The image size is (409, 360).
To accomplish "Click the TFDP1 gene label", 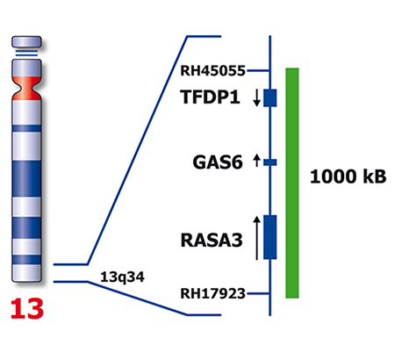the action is tap(210, 97).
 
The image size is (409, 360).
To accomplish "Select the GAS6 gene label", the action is tap(218, 162).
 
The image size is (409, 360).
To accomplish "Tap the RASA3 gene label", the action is tap(212, 241).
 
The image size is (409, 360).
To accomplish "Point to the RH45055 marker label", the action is tap(212, 71).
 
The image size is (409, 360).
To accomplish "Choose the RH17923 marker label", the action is tap(212, 293).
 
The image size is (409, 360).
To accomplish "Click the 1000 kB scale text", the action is tap(348, 176).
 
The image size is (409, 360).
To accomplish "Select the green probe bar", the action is tap(292, 184).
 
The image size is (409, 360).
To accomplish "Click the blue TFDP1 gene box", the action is tap(270, 97).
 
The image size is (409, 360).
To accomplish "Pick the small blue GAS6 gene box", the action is tap(270, 162).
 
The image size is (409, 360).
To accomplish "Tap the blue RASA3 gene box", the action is tap(270, 237).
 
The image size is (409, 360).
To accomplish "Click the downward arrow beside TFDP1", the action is tap(256, 97).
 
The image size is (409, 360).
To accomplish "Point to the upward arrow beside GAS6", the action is tap(256, 161).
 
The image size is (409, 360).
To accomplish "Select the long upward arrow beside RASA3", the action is tap(256, 238).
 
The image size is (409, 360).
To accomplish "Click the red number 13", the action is tap(27, 308).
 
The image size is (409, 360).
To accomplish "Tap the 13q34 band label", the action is tap(122, 277).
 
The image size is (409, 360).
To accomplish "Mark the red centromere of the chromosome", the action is tap(26, 89).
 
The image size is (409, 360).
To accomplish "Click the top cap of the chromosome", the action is tap(26, 41).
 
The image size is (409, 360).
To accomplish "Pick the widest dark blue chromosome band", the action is tap(26, 179).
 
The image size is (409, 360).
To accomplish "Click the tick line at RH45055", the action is tap(258, 70).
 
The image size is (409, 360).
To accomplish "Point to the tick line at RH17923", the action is tap(258, 293).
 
